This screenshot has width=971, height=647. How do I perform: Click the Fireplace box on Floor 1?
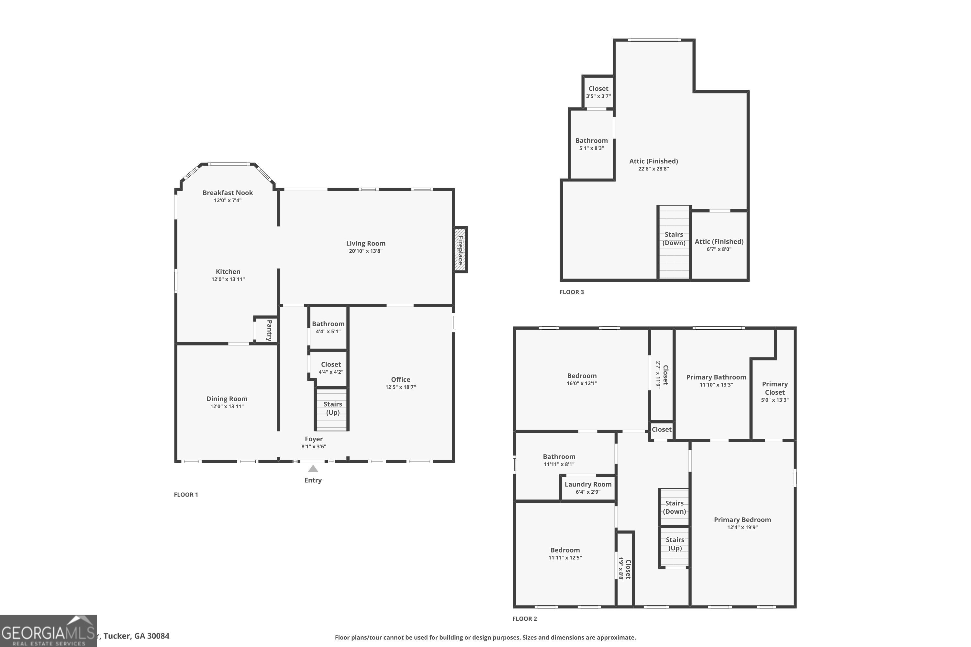tap(460, 250)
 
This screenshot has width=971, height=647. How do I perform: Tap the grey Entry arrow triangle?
tap(313, 469)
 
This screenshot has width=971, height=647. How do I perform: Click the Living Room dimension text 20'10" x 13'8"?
tap(365, 251)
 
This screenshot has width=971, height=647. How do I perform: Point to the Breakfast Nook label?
tap(228, 193)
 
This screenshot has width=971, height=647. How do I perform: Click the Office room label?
tap(400, 379)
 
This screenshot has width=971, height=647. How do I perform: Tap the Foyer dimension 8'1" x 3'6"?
tap(313, 446)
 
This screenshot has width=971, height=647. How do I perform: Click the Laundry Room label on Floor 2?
tap(588, 484)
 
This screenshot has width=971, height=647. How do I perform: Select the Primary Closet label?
tap(775, 388)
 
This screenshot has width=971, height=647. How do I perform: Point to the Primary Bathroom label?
tap(716, 377)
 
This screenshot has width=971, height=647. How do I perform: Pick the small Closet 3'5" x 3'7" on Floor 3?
tap(598, 92)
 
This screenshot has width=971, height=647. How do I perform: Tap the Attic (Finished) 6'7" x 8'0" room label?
tap(719, 242)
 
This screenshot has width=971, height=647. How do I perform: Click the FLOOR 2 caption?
tap(524, 619)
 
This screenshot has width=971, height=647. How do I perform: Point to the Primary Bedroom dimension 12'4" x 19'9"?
tap(742, 527)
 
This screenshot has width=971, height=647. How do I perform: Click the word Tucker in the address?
tap(117, 636)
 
